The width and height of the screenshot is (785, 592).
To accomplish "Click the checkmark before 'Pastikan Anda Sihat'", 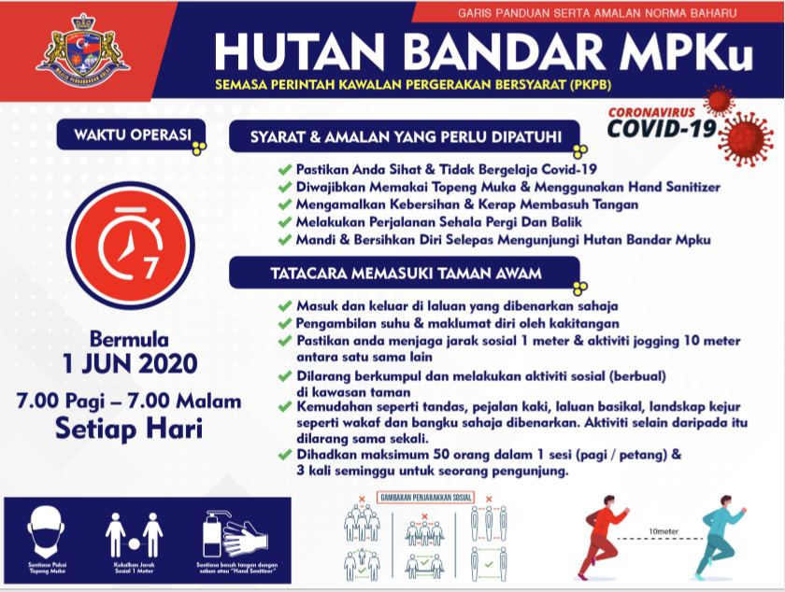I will pos(285,171).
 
